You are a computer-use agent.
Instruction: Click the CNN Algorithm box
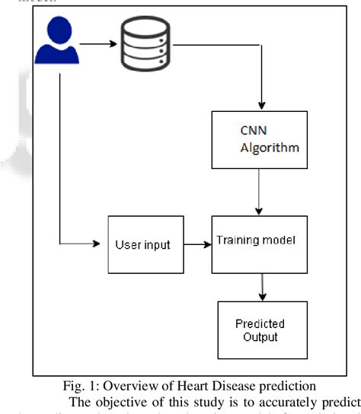click(x=259, y=139)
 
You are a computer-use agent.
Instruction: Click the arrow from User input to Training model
click(x=195, y=245)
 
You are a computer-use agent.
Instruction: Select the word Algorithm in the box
click(x=261, y=147)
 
